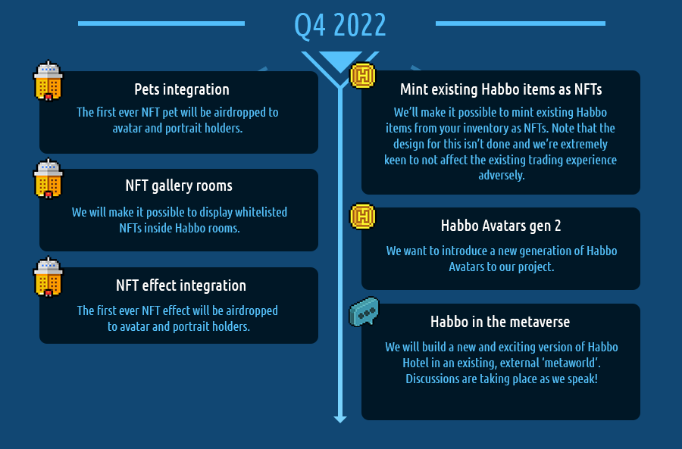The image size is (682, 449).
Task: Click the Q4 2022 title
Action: click(x=340, y=25)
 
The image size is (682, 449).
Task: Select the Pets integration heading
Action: click(x=182, y=89)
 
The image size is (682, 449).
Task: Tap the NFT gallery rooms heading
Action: click(x=179, y=186)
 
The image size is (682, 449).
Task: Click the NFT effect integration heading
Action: click(x=180, y=285)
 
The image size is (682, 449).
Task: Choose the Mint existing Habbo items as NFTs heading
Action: click(x=501, y=89)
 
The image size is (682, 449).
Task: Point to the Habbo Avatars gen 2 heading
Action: click(x=501, y=226)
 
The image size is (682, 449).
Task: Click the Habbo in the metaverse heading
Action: click(x=500, y=322)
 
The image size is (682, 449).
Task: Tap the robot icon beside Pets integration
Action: click(x=48, y=81)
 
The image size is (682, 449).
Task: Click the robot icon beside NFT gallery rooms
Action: click(x=48, y=179)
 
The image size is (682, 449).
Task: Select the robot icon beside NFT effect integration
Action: click(x=48, y=277)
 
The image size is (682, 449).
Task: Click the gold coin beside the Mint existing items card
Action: click(x=363, y=76)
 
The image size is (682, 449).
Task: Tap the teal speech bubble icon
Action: click(x=364, y=312)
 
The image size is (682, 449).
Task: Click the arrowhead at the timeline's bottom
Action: click(x=340, y=418)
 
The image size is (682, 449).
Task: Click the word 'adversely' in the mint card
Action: click(x=501, y=175)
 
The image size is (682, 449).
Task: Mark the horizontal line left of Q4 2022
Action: click(x=161, y=23)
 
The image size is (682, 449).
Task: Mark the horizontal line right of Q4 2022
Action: click(x=520, y=23)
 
